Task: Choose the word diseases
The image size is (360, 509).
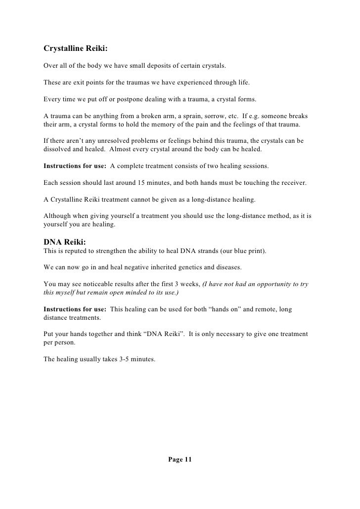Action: point(228,267)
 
